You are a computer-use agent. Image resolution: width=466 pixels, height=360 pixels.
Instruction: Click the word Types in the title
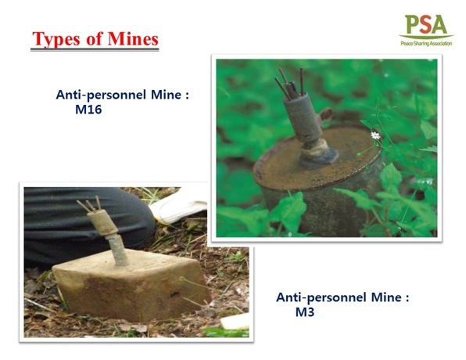point(56,39)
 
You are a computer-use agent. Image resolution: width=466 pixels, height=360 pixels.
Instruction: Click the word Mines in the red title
point(133,38)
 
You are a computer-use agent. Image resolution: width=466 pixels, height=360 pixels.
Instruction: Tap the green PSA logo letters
point(426,24)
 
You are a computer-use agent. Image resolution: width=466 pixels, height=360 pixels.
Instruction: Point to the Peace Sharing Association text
point(426,44)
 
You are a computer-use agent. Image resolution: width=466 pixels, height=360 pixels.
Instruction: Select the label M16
point(88,110)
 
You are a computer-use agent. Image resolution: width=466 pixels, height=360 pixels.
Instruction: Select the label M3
point(305,312)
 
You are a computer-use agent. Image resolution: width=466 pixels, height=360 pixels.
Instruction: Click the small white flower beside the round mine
point(375,135)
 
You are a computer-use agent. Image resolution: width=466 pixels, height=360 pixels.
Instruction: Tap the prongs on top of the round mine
point(289,82)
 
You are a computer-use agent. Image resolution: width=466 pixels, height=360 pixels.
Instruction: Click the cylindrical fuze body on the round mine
point(302,117)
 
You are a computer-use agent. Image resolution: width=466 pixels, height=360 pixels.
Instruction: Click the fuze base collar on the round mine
point(318,154)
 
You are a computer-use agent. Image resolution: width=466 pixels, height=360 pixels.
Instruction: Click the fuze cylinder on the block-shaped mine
point(103,222)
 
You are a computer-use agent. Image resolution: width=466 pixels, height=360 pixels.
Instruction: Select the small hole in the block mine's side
point(175,295)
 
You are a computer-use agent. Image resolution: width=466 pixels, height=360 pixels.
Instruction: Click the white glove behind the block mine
point(178,208)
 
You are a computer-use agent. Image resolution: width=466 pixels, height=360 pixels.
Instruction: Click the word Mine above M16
point(166,95)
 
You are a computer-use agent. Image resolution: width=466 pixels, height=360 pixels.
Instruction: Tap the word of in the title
point(94,38)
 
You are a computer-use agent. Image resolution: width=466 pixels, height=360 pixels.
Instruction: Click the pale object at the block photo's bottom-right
point(235,322)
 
